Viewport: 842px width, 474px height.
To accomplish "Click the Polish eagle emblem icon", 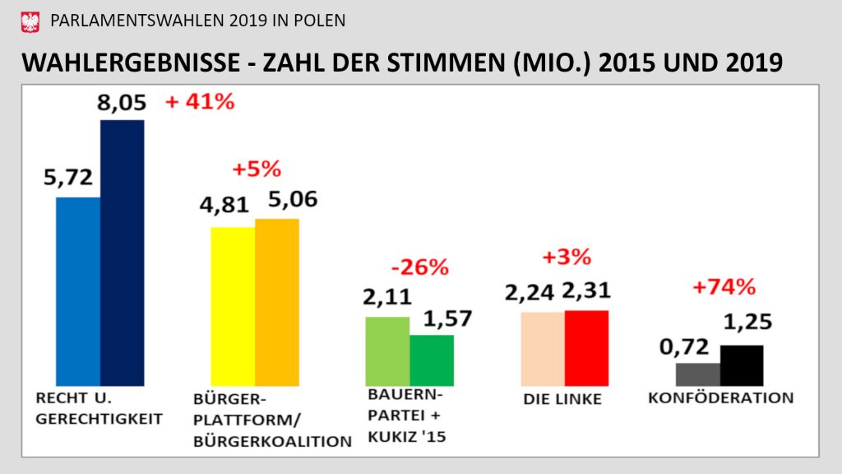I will pyautogui.click(x=30, y=21).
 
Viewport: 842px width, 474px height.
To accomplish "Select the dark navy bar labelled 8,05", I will pyautogui.click(x=122, y=253).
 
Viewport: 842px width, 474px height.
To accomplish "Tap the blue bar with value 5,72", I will pyautogui.click(x=78, y=291).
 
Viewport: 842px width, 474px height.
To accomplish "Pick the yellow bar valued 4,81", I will pyautogui.click(x=233, y=306).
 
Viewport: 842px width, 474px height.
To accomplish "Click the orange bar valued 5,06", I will pyautogui.click(x=277, y=302).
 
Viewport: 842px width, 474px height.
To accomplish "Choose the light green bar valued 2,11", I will pyautogui.click(x=386, y=351).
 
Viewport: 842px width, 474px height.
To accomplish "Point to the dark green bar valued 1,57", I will pyautogui.click(x=432, y=360).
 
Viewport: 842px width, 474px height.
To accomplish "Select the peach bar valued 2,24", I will pyautogui.click(x=543, y=349).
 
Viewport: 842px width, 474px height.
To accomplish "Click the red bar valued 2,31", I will pyautogui.click(x=586, y=348).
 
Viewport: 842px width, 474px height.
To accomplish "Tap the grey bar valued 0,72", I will pyautogui.click(x=697, y=374).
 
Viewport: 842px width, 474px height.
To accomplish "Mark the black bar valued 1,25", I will pyautogui.click(x=742, y=365).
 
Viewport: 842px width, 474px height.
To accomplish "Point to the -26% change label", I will pyautogui.click(x=419, y=267).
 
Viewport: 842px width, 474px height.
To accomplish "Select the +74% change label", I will pyautogui.click(x=723, y=287).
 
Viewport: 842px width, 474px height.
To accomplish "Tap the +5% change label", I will pyautogui.click(x=257, y=170).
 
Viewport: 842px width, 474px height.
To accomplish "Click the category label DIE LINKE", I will pyautogui.click(x=562, y=400).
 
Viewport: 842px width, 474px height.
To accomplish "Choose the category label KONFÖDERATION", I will pyautogui.click(x=721, y=398).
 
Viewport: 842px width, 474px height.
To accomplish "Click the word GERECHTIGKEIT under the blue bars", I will pyautogui.click(x=99, y=418).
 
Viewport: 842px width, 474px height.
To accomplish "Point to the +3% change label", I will pyautogui.click(x=567, y=257).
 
